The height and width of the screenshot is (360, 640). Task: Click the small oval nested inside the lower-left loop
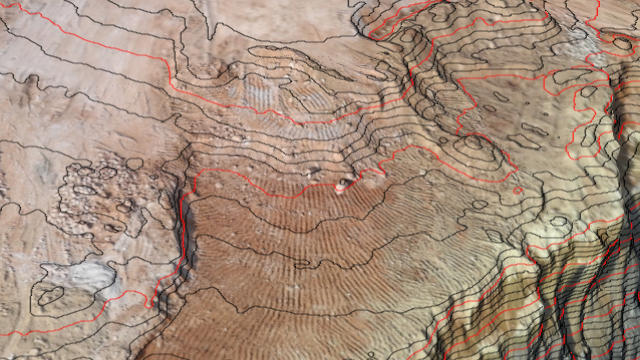50,295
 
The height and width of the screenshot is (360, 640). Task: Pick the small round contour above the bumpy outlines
134,164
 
